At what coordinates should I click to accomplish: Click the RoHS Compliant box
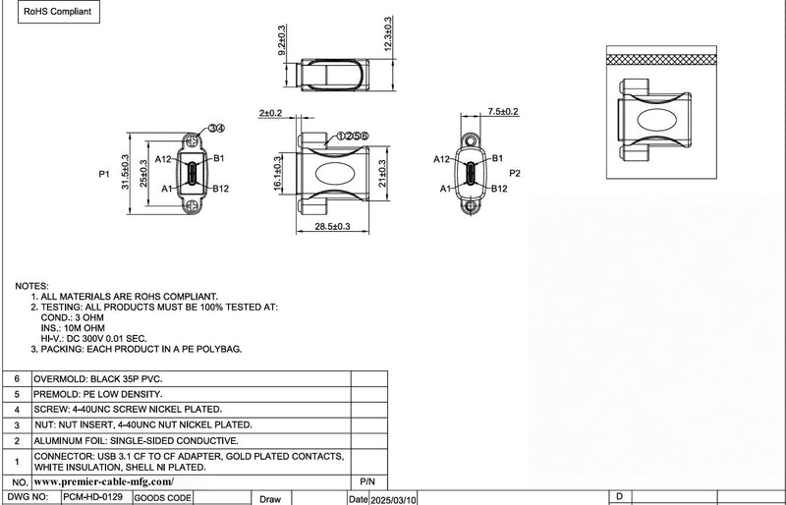(59, 12)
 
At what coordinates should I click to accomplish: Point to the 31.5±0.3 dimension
(125, 172)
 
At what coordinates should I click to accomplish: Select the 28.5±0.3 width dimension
(332, 227)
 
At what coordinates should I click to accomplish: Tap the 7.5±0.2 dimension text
(503, 112)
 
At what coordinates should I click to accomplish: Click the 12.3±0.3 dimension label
(388, 33)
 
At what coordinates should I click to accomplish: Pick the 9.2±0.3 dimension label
(282, 40)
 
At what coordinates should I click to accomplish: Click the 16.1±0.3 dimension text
(278, 173)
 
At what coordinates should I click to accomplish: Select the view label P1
(104, 174)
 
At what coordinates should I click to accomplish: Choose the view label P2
(515, 173)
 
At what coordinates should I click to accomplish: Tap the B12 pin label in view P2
(499, 189)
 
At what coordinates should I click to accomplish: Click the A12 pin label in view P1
(163, 159)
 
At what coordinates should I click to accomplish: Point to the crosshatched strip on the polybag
(661, 60)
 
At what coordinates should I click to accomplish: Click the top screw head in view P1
(192, 141)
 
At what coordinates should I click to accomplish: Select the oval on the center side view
(335, 173)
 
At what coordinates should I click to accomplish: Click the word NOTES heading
(31, 286)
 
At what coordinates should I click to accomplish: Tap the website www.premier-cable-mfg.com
(104, 482)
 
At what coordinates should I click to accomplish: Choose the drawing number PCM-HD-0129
(93, 497)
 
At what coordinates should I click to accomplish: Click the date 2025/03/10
(394, 499)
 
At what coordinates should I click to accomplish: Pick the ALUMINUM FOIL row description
(136, 441)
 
